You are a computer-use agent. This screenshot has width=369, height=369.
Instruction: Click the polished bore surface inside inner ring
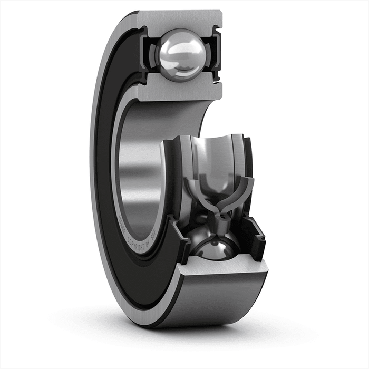tap(138, 158)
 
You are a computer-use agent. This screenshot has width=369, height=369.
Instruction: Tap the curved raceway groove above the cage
tap(211, 153)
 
